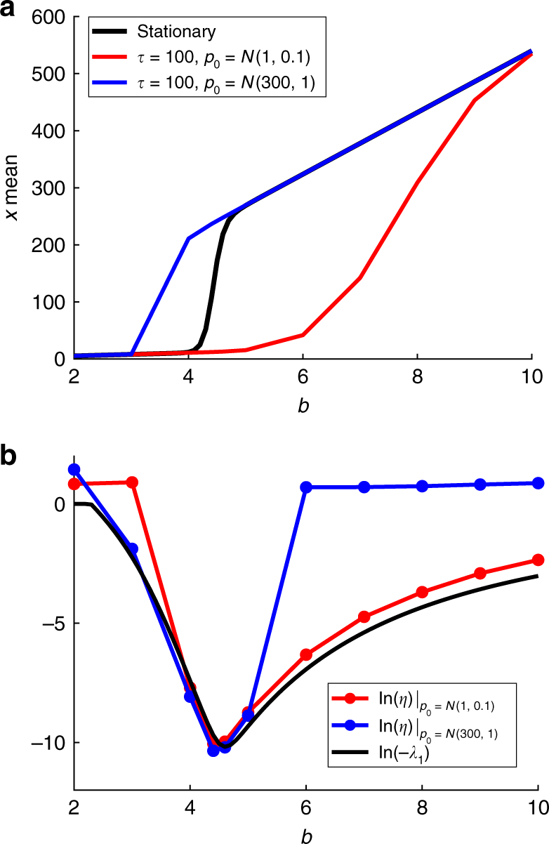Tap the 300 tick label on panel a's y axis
tap(47, 188)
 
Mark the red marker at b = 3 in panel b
tap(131, 482)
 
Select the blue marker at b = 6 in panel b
tap(306, 487)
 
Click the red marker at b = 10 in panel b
tap(538, 560)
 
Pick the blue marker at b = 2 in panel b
tap(74, 470)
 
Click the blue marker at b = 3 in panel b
tap(131, 548)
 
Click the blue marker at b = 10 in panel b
tap(538, 483)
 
